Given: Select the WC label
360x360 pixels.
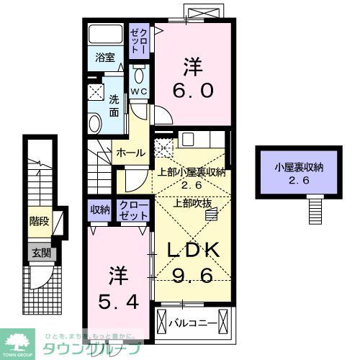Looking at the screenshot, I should coord(138,92).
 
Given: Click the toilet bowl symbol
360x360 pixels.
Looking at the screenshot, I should coord(139,75).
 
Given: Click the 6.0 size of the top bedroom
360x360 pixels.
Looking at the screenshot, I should coord(192,89).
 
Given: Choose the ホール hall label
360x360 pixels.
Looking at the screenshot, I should coord(130,152).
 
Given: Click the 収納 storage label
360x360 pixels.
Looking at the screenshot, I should coord(99,210).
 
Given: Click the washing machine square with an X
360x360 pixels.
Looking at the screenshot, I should coord(96,91).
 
